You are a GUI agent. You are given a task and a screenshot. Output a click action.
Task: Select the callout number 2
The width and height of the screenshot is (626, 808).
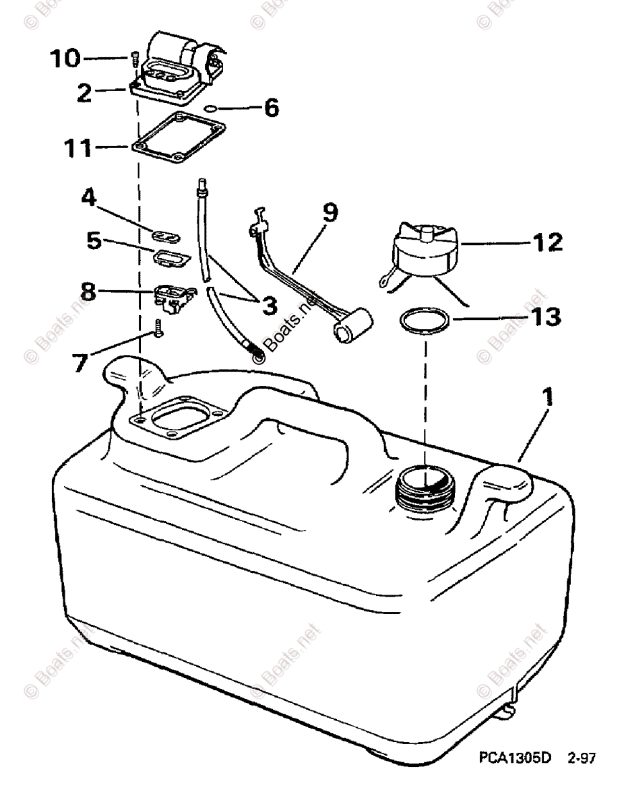(84, 92)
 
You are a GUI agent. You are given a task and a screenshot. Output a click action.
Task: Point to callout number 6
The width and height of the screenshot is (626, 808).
(271, 107)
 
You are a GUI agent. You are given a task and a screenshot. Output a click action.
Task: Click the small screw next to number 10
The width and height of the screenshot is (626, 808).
(133, 61)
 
